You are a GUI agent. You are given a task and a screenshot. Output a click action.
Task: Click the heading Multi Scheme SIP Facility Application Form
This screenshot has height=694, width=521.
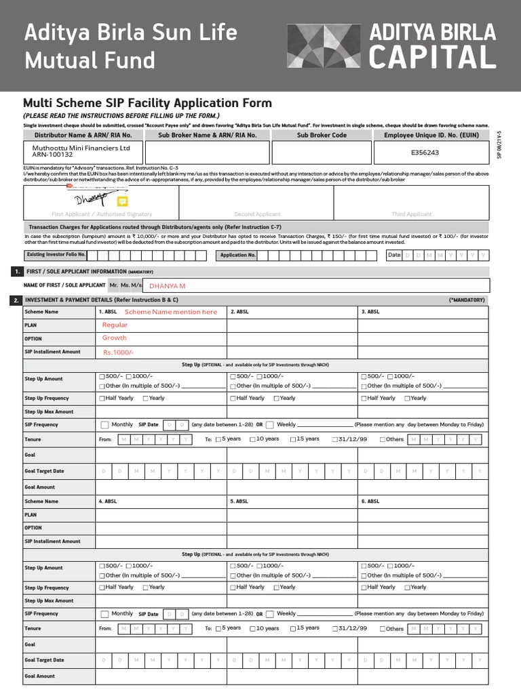(x=147, y=103)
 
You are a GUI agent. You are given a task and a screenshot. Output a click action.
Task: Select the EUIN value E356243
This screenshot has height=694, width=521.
(x=425, y=152)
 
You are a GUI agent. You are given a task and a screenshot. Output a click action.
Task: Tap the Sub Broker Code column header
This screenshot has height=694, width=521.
(x=322, y=135)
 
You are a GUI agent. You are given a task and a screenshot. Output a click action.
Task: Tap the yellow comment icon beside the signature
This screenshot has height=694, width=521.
(x=122, y=201)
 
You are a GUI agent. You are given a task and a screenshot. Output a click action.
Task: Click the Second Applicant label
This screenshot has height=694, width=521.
(x=257, y=214)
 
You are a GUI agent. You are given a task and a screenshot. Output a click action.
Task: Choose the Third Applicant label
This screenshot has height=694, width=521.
(x=411, y=214)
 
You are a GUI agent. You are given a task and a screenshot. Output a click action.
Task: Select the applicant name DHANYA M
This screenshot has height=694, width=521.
(x=167, y=286)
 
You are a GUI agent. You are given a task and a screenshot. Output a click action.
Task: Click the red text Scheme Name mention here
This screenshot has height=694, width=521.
(x=171, y=312)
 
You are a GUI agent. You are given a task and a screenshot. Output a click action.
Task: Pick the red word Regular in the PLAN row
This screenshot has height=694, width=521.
(x=115, y=325)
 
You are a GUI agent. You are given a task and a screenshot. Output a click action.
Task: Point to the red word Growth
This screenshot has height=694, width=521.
(x=115, y=338)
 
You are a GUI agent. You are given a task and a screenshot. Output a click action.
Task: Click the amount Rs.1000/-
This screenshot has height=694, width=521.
(x=119, y=352)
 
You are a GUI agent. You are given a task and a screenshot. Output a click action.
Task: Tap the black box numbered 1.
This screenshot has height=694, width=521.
(x=16, y=271)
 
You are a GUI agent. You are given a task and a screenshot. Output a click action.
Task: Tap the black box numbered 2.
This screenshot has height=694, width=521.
(x=16, y=299)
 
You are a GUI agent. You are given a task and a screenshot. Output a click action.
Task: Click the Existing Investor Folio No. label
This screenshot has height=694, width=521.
(x=56, y=255)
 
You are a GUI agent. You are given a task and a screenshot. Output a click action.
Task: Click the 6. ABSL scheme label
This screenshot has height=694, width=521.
(x=370, y=502)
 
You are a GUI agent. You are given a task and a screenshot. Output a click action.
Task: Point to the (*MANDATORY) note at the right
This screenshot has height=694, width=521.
(x=467, y=300)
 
